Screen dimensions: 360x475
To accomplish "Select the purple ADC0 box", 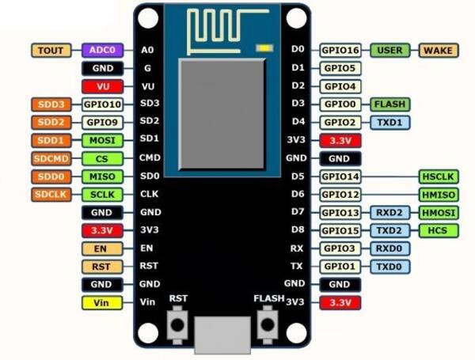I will pos(102,50).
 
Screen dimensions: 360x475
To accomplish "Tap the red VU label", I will pos(102,85).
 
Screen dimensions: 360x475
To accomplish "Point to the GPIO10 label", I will pos(102,104).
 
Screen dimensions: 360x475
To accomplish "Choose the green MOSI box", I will pos(102,140).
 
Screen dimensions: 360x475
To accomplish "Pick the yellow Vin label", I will pos(102,301).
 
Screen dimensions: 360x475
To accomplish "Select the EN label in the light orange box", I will pos(102,248).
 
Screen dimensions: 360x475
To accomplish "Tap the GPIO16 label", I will pos(340,50).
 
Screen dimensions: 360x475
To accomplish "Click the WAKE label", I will pos(438,50).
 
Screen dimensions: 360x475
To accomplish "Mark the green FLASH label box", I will pos(389,104).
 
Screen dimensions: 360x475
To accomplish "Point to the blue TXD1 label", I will pos(389,122).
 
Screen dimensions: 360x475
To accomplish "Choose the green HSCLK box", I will pos(438,176).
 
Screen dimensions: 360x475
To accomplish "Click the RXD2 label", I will pos(389,212).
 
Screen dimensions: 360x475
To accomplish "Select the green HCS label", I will pos(438,230).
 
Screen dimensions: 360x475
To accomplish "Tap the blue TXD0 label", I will pos(389,266).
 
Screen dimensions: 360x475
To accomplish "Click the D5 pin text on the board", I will pos(298,176).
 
